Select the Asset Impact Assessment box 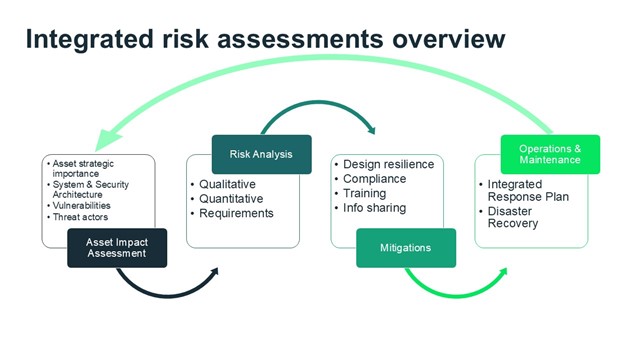click(117, 247)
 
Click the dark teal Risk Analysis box click(261, 154)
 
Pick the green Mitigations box click(406, 247)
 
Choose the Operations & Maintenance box click(550, 154)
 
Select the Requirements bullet click(236, 213)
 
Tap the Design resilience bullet click(387, 164)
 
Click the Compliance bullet click(377, 179)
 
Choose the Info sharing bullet click(374, 208)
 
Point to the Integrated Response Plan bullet click(526, 190)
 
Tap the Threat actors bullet click(82, 216)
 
